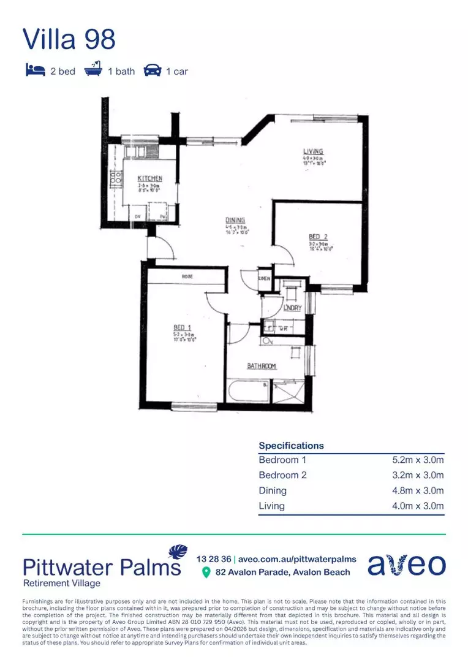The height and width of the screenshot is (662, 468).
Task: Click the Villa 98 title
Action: [x=69, y=39]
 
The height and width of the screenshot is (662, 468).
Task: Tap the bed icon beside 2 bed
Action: [x=35, y=70]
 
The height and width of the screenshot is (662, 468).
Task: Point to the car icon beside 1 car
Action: [x=152, y=71]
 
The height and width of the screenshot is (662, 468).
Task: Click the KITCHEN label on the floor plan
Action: [x=149, y=179]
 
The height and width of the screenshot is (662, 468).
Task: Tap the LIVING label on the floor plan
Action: [x=313, y=151]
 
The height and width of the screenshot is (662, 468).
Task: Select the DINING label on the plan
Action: [x=235, y=221]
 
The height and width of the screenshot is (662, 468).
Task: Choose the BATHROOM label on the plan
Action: [x=262, y=367]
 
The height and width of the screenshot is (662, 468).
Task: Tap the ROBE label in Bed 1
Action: [x=187, y=277]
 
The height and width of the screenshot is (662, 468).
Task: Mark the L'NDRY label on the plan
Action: [x=292, y=308]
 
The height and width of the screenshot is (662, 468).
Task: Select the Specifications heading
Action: [x=291, y=446]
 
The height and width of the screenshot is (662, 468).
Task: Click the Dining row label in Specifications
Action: [x=273, y=490]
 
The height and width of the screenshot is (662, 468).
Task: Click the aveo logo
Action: [x=406, y=565]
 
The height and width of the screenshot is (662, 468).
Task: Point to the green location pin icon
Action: [x=206, y=572]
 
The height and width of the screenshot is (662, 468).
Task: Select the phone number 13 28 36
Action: [x=214, y=559]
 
